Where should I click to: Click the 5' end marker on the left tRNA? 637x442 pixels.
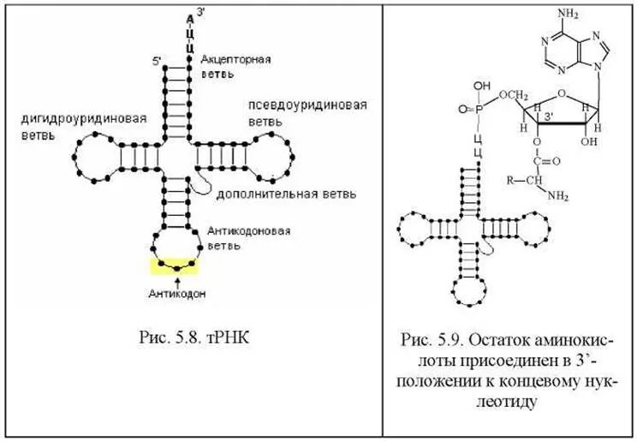coord(157,61)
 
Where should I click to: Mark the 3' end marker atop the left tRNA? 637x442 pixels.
coord(201,11)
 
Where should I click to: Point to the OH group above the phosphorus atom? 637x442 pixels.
coord(483,87)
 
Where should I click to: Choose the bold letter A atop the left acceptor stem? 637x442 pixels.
coord(188,17)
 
